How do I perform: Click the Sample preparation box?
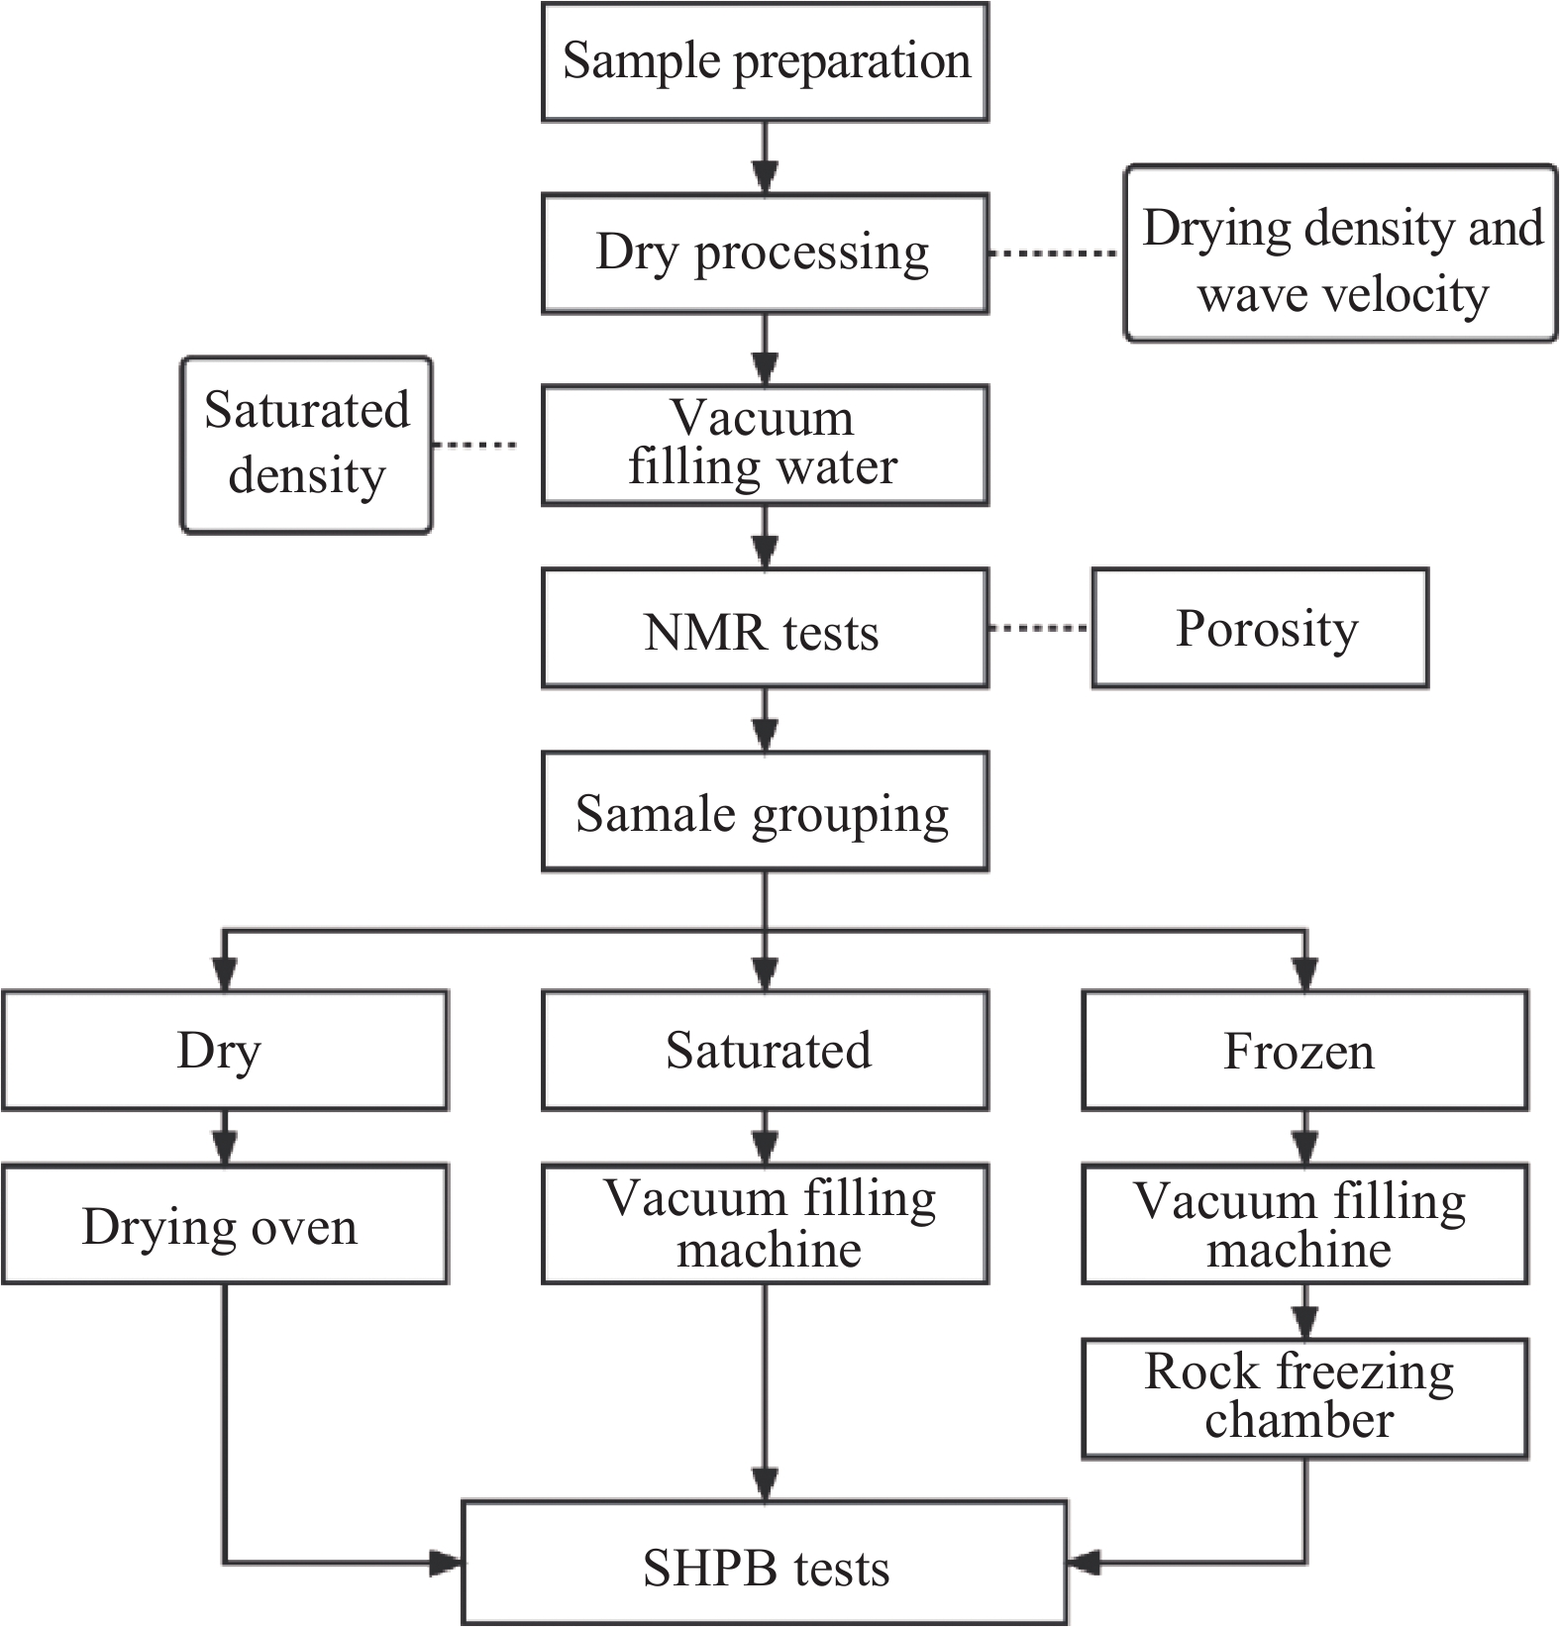pyautogui.click(x=765, y=61)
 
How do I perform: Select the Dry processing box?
pyautogui.click(x=765, y=254)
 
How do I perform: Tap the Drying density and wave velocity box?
pyautogui.click(x=1340, y=254)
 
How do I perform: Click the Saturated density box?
pyautogui.click(x=306, y=446)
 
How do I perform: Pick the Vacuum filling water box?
pyautogui.click(x=765, y=446)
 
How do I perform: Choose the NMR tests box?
pyautogui.click(x=765, y=628)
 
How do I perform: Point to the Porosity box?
pyautogui.click(x=1260, y=628)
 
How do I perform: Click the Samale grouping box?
pyautogui.click(x=765, y=812)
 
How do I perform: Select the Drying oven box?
pyautogui.click(x=225, y=1225)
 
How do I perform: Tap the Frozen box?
pyautogui.click(x=1304, y=1050)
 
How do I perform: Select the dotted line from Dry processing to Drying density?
pyautogui.click(x=1055, y=254)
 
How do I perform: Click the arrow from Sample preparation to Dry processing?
pyautogui.click(x=765, y=158)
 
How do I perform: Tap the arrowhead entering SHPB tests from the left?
pyautogui.click(x=446, y=1564)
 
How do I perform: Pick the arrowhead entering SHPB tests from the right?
pyautogui.click(x=1086, y=1564)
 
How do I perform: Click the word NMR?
pyautogui.click(x=690, y=632)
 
